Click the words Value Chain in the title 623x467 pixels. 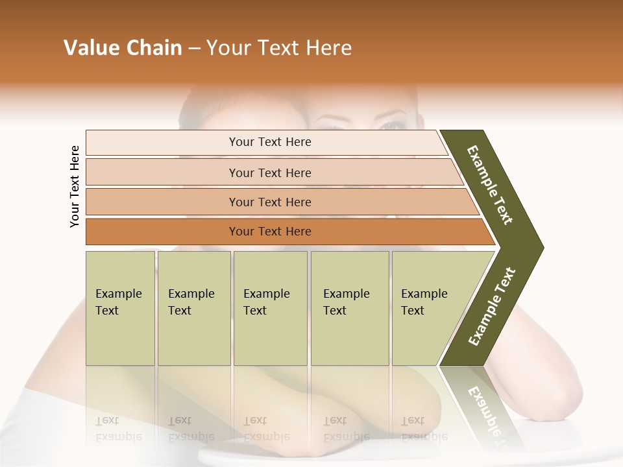coord(123,48)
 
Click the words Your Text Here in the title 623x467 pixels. coord(279,48)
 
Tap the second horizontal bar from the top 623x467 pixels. coord(270,173)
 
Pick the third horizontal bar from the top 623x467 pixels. coord(270,202)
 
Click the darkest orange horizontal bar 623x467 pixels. coord(270,232)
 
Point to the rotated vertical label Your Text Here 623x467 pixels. coord(75,186)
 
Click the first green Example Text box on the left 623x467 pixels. coord(120,308)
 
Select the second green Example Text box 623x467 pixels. coord(193,308)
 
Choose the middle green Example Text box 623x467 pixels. coord(269,308)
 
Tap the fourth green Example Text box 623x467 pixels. coord(349,308)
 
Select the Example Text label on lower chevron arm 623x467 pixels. coord(492,306)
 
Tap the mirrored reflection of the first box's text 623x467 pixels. coord(118,429)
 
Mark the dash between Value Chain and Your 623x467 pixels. coord(194,49)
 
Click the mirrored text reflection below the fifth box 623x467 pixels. coord(424,429)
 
